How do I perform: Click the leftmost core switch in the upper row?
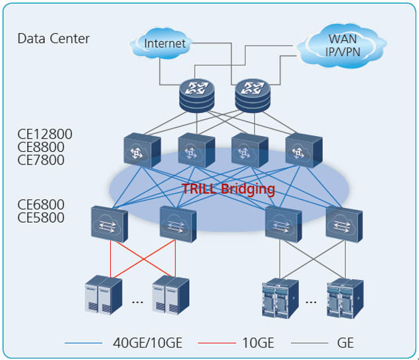[141, 151]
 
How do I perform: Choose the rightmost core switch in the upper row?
[303, 151]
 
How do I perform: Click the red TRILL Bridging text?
[228, 190]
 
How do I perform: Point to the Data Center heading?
[53, 38]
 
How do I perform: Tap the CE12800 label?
[45, 135]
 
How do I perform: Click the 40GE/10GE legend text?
[144, 343]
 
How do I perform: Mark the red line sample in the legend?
[216, 343]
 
